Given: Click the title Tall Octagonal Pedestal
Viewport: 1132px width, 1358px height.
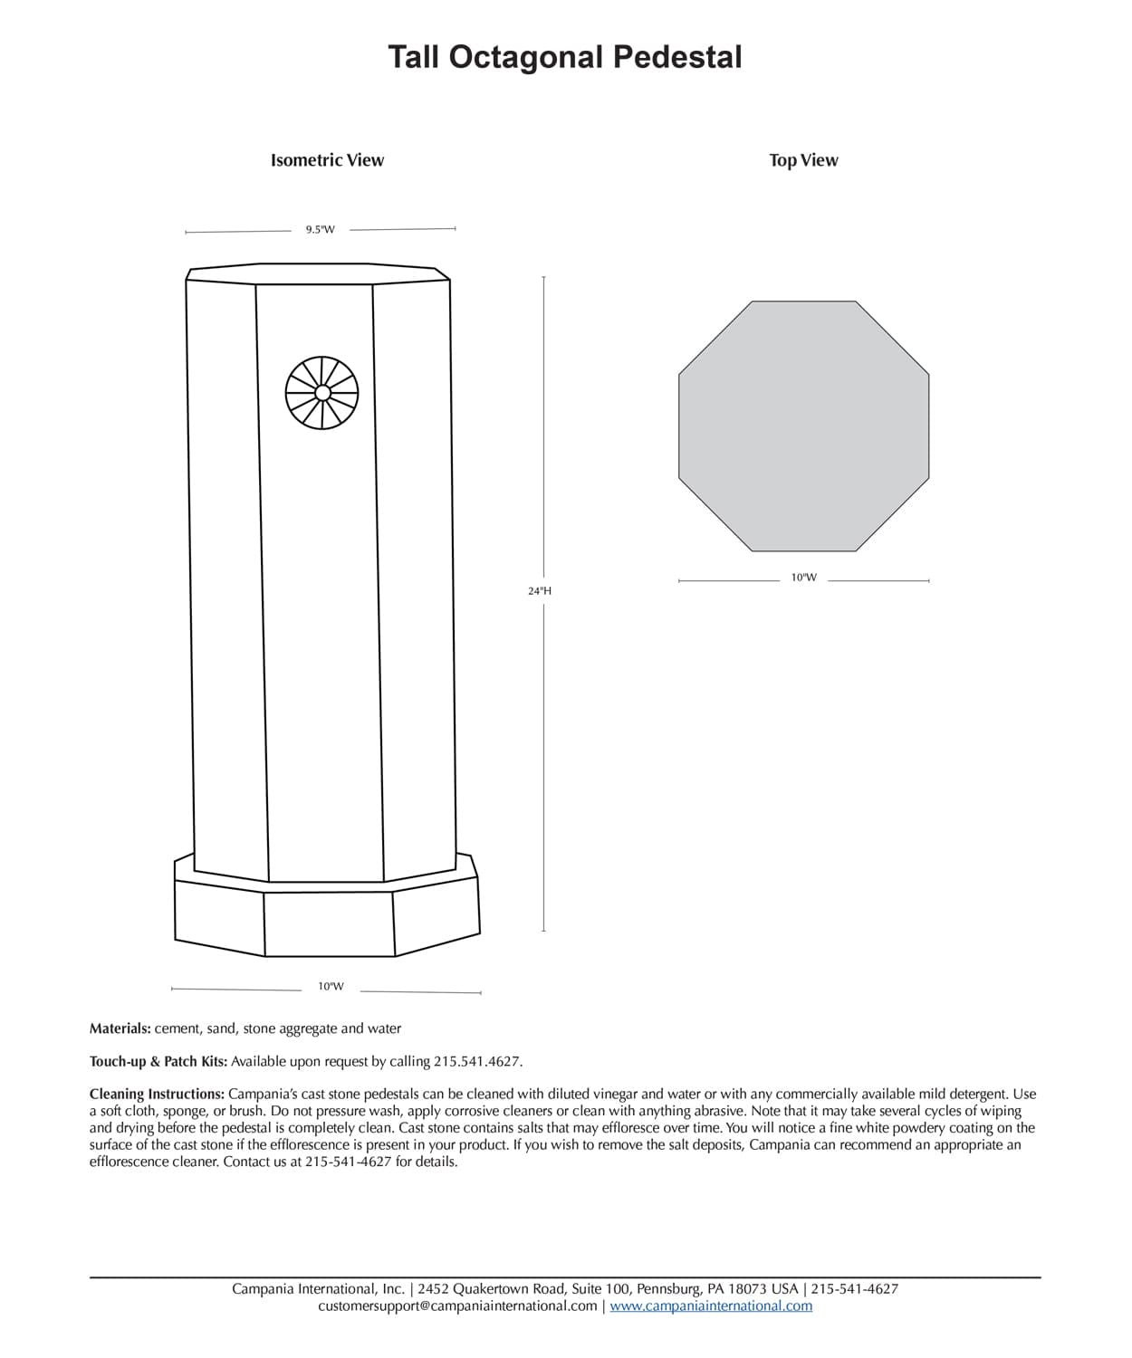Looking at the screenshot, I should [x=565, y=57].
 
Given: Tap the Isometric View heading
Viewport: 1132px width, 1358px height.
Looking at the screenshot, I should [x=327, y=160].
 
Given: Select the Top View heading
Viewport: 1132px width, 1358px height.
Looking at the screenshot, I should [x=803, y=160].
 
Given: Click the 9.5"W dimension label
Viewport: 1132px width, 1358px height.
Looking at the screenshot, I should [x=320, y=230].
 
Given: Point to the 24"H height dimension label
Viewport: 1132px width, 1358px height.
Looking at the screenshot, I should [x=540, y=590].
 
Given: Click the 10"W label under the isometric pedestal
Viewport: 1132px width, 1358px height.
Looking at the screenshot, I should [x=331, y=987].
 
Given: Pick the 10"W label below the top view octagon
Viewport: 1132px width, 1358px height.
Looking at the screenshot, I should [x=803, y=578].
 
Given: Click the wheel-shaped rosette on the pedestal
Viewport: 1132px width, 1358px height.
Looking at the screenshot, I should [x=321, y=393].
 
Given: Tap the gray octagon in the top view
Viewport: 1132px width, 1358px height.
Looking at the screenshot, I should [x=803, y=426].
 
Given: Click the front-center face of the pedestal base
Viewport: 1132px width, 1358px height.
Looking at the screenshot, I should [x=329, y=923].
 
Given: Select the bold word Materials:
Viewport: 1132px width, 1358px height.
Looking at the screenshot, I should [x=120, y=1028].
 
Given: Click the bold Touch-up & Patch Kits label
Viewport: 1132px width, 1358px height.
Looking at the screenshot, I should [x=158, y=1061].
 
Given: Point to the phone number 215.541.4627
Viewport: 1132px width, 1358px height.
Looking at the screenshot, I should [x=477, y=1061].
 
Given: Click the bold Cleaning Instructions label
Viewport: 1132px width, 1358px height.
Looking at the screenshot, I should [x=157, y=1094].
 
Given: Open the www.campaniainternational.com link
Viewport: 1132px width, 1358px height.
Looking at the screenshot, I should [x=711, y=1305].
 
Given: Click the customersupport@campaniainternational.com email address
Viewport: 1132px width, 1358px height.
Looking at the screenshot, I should [x=457, y=1305].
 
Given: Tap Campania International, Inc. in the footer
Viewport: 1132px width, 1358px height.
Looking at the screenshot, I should [x=318, y=1288].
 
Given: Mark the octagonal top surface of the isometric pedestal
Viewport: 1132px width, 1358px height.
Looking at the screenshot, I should [x=319, y=273].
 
